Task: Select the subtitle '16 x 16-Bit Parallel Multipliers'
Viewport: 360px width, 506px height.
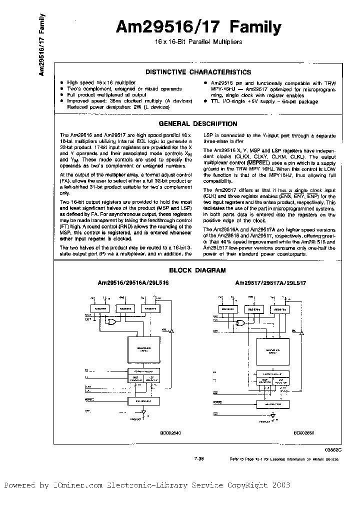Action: (199, 42)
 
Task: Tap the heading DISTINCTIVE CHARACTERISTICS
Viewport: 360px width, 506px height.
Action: (198, 72)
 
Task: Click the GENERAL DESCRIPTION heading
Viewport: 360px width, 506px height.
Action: (198, 123)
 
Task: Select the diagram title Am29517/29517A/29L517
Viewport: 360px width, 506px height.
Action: (270, 282)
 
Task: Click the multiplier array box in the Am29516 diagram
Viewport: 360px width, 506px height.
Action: (143, 350)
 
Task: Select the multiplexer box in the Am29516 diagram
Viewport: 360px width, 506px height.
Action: (143, 401)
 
